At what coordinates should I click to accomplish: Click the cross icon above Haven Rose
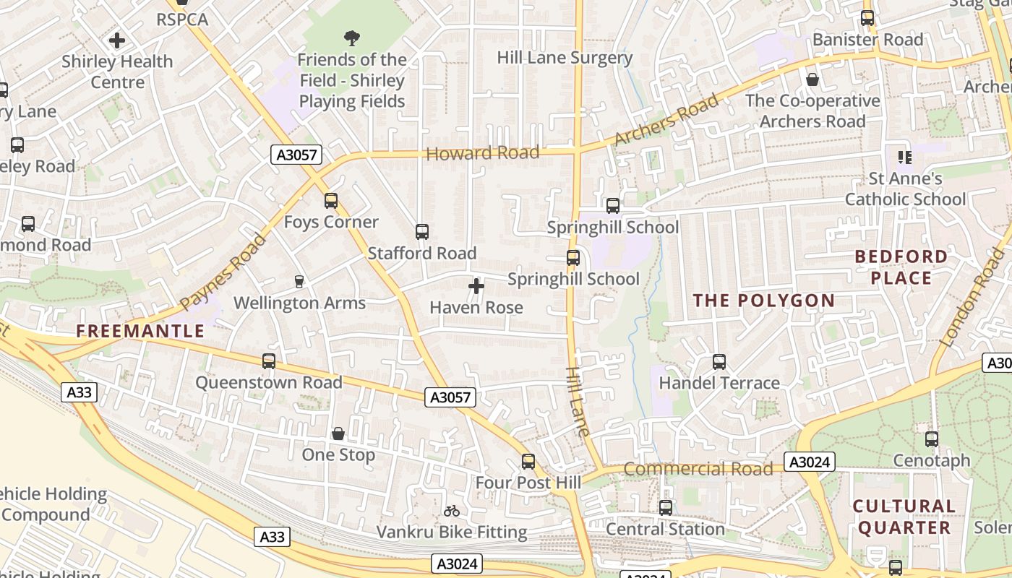tap(476, 287)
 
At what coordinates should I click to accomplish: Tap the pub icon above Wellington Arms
tap(299, 282)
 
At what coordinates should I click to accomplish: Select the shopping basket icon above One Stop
tap(338, 433)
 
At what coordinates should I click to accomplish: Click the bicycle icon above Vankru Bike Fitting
tap(452, 511)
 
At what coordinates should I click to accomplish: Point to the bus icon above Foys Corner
tap(331, 201)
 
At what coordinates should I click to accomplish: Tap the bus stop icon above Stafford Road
tap(422, 232)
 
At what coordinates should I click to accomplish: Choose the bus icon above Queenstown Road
tap(269, 361)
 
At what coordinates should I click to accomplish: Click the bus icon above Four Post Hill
tap(528, 462)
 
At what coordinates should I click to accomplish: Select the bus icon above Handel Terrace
tap(719, 362)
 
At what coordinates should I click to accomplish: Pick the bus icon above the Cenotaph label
tap(932, 439)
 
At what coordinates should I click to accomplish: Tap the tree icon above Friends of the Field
tap(352, 38)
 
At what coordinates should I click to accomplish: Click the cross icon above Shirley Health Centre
tap(117, 40)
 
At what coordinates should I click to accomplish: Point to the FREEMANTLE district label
tap(140, 332)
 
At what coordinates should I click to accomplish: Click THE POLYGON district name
tap(764, 301)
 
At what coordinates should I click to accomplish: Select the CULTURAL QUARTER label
tap(904, 517)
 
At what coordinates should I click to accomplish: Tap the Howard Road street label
tap(483, 153)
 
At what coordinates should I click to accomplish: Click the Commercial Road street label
tap(698, 469)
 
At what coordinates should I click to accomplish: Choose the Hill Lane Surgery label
tap(565, 58)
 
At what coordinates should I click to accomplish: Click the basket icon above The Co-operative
tap(812, 79)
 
